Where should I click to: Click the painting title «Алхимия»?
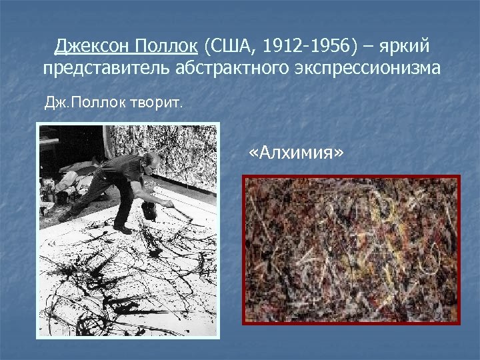tap(293, 153)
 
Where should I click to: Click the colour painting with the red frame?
tap(351, 250)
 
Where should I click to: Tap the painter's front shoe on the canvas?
tap(123, 229)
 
